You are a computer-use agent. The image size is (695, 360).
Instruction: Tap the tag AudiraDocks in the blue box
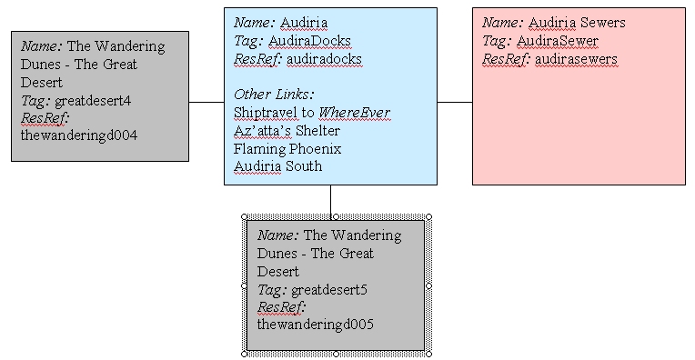[x=309, y=41]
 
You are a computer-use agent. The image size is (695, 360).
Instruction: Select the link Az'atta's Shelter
[x=287, y=130]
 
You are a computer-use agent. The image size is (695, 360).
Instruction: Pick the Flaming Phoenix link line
[x=279, y=148]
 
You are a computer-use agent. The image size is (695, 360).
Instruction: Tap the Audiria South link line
[x=277, y=166]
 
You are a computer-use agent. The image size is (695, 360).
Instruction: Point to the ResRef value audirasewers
[x=575, y=59]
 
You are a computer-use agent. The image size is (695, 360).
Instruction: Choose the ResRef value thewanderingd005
[x=315, y=325]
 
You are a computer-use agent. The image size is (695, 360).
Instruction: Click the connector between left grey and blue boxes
[x=206, y=103]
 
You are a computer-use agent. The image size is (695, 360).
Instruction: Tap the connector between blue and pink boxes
[x=455, y=103]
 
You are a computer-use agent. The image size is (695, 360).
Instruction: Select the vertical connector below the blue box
[x=330, y=200]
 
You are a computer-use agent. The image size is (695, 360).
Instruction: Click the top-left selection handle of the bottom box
[x=245, y=215]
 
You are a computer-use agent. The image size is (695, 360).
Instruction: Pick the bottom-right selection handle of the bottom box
[x=429, y=353]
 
